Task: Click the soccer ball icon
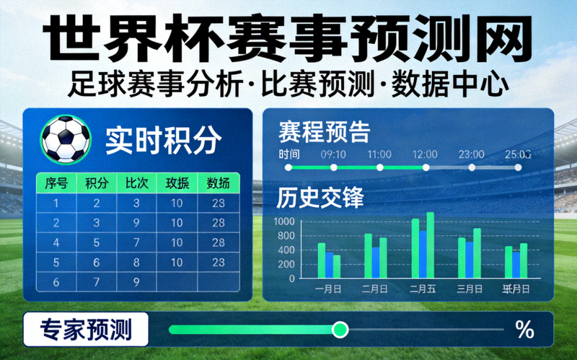click(x=66, y=139)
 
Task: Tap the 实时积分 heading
click(x=163, y=140)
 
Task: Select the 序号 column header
click(x=56, y=183)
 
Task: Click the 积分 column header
click(x=97, y=183)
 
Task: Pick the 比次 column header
click(x=137, y=183)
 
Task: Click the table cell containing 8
click(x=137, y=262)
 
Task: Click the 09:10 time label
click(x=333, y=154)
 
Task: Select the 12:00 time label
click(x=425, y=154)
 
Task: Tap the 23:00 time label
click(x=471, y=154)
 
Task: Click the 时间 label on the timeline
click(x=289, y=154)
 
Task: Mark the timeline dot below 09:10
click(x=334, y=167)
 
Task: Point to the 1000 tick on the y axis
click(x=284, y=222)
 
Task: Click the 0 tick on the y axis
click(x=291, y=278)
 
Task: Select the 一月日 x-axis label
click(x=329, y=289)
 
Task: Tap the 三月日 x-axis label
click(x=470, y=289)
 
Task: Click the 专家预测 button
click(x=86, y=330)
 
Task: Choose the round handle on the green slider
click(x=340, y=330)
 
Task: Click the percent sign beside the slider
click(x=524, y=330)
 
